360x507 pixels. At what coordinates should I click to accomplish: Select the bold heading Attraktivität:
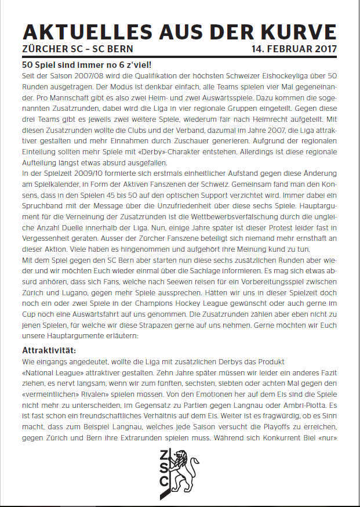click(x=49, y=350)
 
